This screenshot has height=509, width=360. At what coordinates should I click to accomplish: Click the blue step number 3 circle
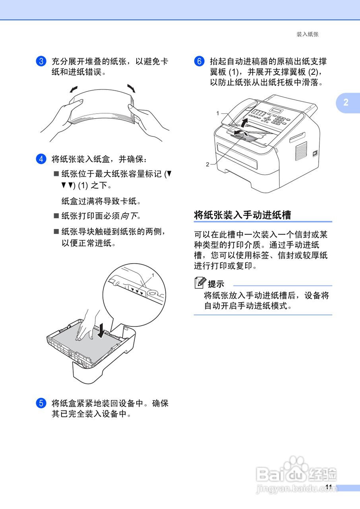41,62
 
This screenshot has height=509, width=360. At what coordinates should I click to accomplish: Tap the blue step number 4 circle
41,159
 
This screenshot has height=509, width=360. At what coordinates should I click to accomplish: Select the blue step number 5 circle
41,403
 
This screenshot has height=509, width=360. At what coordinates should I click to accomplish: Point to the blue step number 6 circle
199,62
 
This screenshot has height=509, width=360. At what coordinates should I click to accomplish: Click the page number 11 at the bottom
328,487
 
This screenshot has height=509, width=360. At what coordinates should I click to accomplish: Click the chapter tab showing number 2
346,102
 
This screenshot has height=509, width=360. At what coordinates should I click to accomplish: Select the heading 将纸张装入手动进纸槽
242,215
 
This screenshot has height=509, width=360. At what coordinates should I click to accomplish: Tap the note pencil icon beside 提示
200,283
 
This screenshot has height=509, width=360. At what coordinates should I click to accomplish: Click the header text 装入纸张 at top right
308,35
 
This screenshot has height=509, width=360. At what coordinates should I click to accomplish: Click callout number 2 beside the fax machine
207,164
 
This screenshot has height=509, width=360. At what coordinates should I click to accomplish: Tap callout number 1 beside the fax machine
218,113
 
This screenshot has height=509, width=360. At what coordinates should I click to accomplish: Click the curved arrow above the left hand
74,89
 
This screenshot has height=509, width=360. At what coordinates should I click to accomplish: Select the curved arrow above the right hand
131,88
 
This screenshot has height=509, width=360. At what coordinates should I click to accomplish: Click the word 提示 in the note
216,284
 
